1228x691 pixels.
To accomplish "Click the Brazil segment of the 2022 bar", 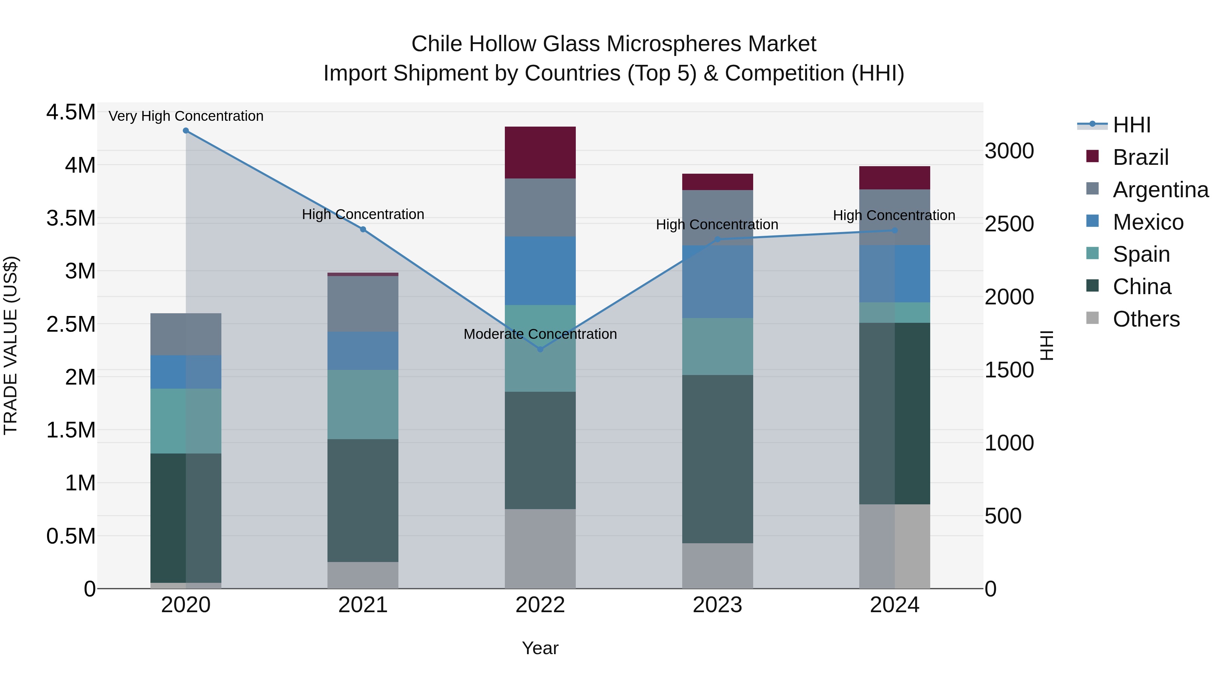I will tap(540, 153).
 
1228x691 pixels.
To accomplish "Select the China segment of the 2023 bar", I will tap(717, 459).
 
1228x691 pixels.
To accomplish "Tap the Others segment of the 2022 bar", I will tap(540, 548).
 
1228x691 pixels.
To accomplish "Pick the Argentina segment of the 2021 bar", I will tap(363, 304).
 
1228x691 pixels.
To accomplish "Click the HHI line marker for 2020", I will tap(186, 131).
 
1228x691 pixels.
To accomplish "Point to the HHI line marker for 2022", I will tap(540, 349).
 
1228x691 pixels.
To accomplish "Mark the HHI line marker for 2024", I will tap(895, 230).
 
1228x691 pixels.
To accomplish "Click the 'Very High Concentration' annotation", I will tap(186, 116).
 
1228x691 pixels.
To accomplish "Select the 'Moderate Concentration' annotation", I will tap(540, 334).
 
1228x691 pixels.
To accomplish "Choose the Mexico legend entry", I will tap(1148, 222).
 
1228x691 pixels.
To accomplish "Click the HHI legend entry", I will tap(1132, 125).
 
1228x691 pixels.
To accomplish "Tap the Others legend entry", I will tap(1146, 319).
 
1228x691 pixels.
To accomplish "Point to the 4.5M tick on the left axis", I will tap(71, 113).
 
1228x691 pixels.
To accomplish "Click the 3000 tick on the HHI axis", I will tap(1009, 151).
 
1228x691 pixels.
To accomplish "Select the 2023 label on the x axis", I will tap(717, 605).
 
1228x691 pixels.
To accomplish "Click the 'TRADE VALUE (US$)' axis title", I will tap(11, 345).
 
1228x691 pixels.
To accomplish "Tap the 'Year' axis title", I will tap(540, 648).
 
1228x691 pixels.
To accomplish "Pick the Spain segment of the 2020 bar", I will tap(186, 421).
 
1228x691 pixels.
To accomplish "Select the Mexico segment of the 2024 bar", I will tap(895, 274).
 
